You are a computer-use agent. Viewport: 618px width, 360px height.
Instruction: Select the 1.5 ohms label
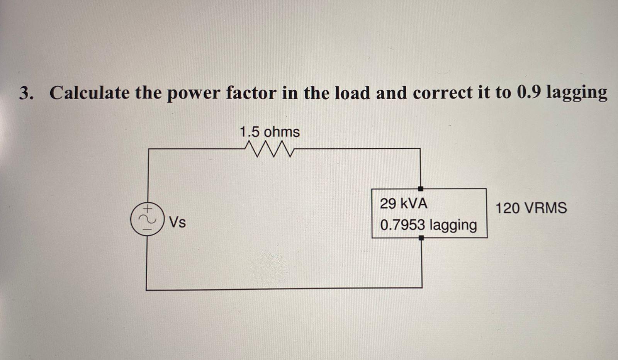coord(269,132)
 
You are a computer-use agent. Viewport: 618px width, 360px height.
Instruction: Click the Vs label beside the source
coord(178,222)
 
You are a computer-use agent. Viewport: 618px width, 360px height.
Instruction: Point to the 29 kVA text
coord(404,204)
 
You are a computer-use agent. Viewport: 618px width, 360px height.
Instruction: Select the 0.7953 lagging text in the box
coord(428,225)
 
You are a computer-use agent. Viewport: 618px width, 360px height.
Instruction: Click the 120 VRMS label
coord(531,208)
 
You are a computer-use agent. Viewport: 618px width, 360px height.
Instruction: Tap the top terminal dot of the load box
coord(421,188)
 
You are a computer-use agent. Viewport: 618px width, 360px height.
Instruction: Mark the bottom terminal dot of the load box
coord(421,238)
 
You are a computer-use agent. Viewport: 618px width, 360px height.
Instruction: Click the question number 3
coord(25,93)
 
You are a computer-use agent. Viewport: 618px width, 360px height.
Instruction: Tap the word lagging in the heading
coord(576,93)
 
